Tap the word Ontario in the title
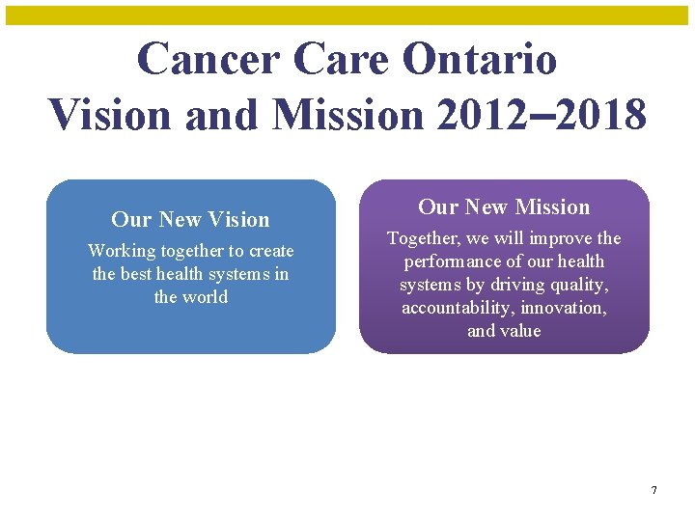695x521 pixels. (479, 59)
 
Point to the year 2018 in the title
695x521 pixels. (596, 115)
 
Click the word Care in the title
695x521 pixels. (339, 59)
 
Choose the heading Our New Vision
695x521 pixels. (190, 219)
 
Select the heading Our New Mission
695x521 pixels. (504, 206)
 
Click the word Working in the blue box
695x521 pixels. (122, 251)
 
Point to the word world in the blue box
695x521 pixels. (205, 297)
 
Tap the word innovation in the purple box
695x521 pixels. (563, 308)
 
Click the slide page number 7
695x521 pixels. (653, 491)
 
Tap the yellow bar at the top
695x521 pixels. (347, 14)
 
